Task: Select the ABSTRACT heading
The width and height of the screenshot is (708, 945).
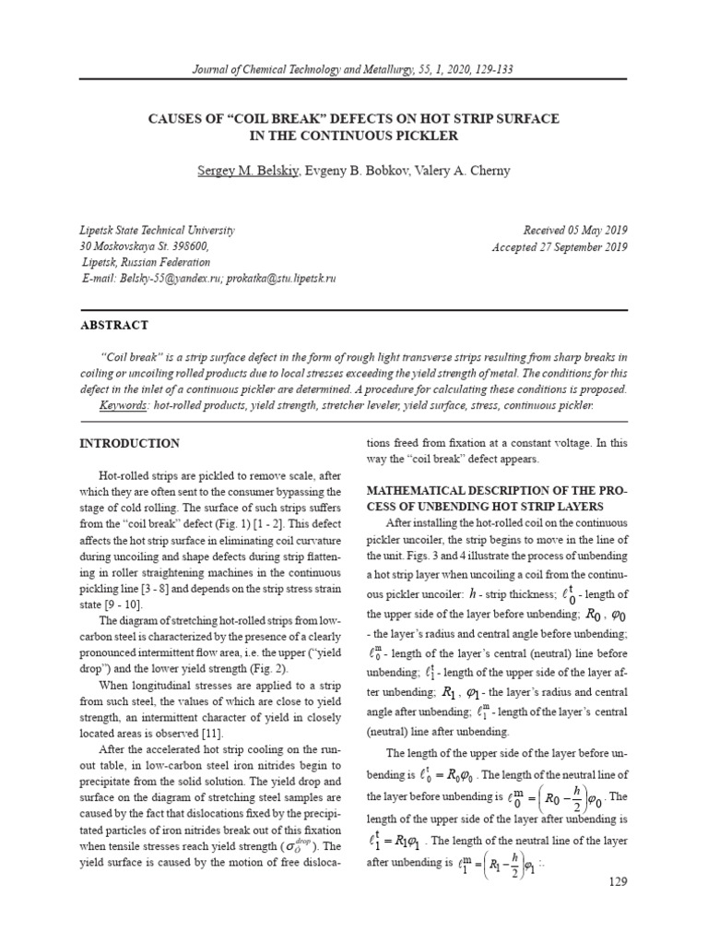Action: click(114, 325)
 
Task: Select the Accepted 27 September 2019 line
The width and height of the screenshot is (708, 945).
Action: click(560, 246)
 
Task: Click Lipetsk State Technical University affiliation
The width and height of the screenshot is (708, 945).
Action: click(157, 230)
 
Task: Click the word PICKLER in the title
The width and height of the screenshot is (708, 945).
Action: click(427, 136)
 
